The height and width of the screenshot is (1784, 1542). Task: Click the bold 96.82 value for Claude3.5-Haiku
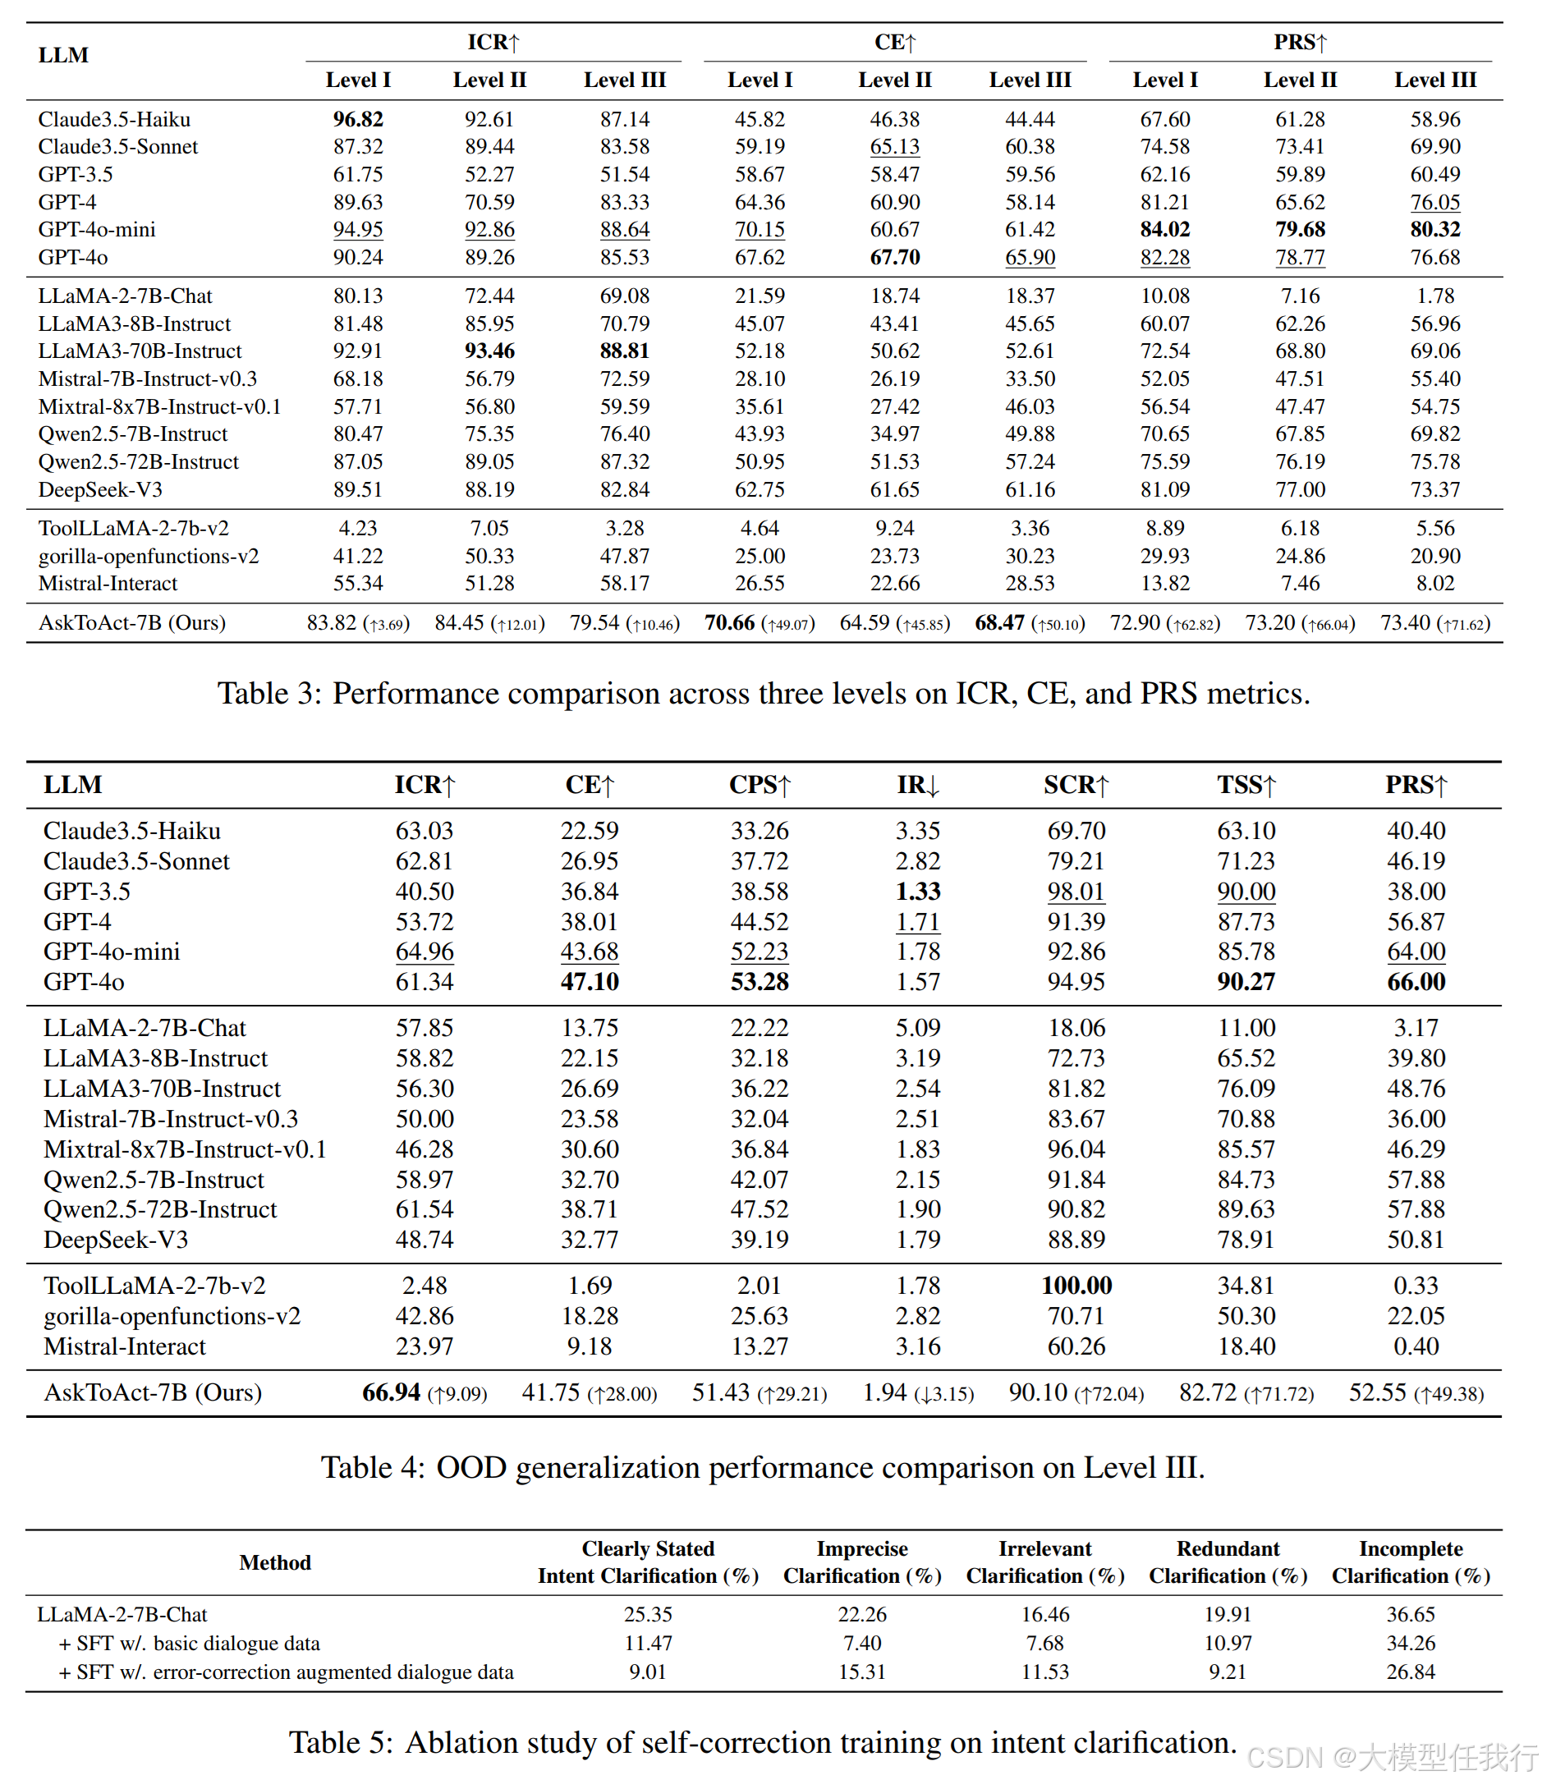pos(358,119)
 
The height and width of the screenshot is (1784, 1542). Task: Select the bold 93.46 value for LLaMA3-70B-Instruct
pos(489,351)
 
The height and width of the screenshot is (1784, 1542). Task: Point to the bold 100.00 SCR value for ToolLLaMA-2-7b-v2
pos(1076,1286)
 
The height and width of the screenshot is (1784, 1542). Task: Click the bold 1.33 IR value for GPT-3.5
pos(918,891)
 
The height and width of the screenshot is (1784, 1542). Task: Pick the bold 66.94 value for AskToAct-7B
pos(392,1392)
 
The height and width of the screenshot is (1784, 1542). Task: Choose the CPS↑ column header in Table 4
pos(760,785)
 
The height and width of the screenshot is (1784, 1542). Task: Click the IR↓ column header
pos(918,785)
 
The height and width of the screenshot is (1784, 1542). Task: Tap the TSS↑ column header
pos(1246,785)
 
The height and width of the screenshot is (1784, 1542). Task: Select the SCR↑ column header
pos(1076,785)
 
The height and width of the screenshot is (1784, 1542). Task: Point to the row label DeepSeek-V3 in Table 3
pos(100,490)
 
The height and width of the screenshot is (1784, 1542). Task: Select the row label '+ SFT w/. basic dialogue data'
pos(190,1644)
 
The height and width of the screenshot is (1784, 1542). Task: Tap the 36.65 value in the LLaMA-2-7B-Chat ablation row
pos(1411,1614)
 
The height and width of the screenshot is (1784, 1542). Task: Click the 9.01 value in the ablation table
pos(648,1672)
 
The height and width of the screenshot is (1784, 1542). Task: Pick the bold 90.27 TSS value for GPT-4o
pos(1246,982)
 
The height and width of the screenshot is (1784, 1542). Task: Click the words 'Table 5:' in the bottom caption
pos(341,1743)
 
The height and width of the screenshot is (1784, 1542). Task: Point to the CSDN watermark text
pos(1391,1756)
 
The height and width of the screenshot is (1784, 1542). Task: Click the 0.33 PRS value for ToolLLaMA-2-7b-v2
pos(1416,1286)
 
